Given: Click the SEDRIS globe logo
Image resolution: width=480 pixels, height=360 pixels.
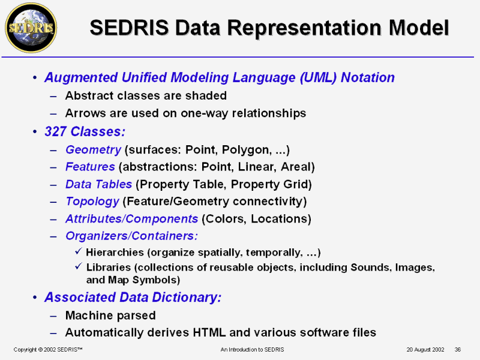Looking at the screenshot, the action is click(x=31, y=28).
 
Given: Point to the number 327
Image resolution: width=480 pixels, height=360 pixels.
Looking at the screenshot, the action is click(x=55, y=131).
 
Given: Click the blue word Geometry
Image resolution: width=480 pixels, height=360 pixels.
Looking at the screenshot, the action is click(x=94, y=150).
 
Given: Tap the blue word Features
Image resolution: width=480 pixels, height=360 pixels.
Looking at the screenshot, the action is click(x=91, y=167).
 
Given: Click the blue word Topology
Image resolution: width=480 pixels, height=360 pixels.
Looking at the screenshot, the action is click(x=92, y=202).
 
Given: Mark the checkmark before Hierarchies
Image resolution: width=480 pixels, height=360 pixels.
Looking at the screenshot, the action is click(x=79, y=251).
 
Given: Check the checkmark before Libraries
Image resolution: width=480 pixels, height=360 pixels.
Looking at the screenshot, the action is click(x=79, y=266).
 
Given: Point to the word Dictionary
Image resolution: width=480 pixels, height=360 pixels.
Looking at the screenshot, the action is click(x=187, y=297).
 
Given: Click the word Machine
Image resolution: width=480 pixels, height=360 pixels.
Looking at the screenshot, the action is click(x=89, y=316).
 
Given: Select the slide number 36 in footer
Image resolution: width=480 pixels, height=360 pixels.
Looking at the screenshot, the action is click(x=458, y=350).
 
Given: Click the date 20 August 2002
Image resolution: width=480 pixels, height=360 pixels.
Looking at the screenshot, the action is click(x=425, y=350).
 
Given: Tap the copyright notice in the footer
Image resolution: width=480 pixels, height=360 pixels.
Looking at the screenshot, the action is click(x=48, y=350).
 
